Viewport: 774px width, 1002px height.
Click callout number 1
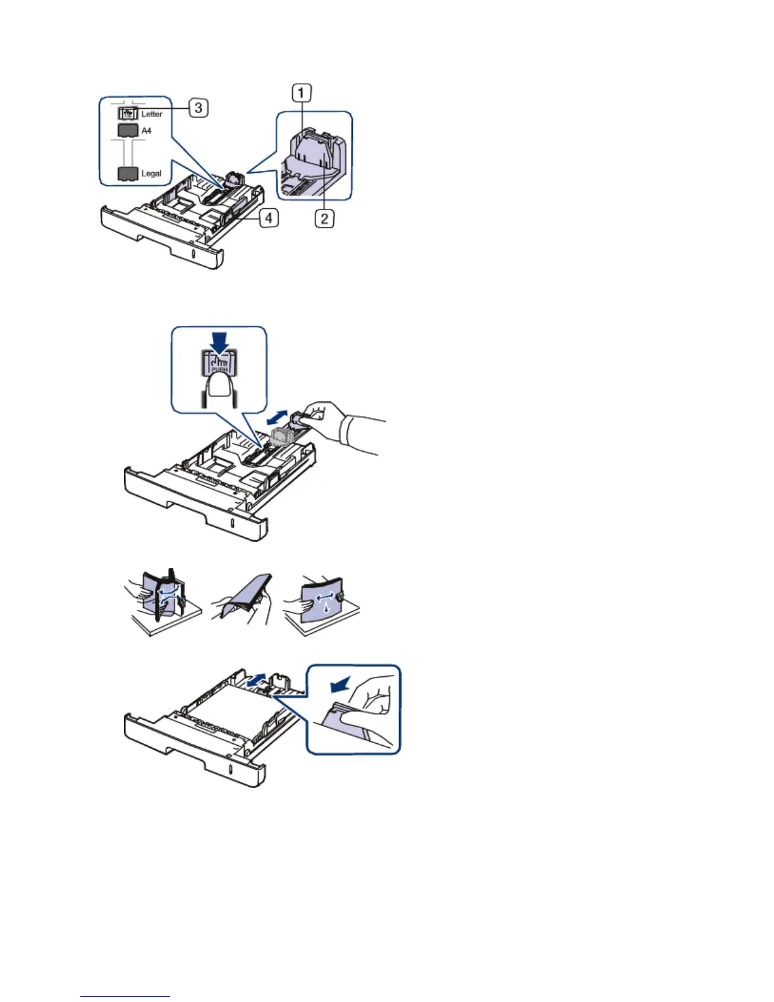[x=301, y=94]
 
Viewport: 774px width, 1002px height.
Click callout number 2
[x=324, y=219]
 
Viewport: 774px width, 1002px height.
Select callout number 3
[x=198, y=108]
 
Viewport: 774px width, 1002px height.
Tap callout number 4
[x=269, y=218]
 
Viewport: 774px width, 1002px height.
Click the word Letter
[x=152, y=114]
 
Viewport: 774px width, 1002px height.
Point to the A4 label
[x=146, y=131]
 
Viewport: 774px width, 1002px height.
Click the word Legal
[x=151, y=173]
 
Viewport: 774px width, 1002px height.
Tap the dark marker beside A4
[x=128, y=131]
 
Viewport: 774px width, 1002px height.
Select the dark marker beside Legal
[x=128, y=174]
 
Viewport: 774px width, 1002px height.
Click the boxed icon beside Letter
[x=128, y=114]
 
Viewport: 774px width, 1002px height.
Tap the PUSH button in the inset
[x=219, y=364]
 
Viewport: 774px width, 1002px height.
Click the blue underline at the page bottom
[x=125, y=997]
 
